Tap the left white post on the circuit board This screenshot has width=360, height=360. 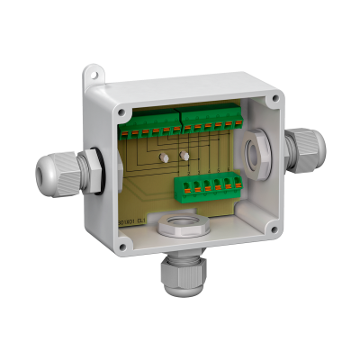pos(166,157)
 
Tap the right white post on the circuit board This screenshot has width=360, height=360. pos(184,155)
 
